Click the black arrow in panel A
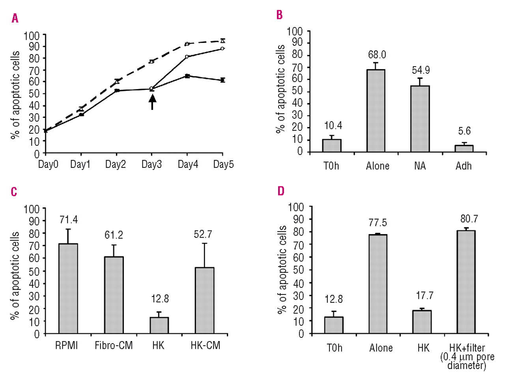(152, 102)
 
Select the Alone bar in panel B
(376, 111)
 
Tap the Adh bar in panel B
(464, 149)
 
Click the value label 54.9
(421, 70)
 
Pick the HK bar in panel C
(159, 326)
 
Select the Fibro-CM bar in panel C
(114, 295)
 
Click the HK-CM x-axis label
(205, 346)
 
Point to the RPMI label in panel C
(66, 346)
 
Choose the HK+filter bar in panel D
(466, 282)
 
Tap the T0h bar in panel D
(334, 325)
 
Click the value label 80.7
(469, 219)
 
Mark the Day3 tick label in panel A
(151, 164)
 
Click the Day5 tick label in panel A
(223, 164)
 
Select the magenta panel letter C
(14, 192)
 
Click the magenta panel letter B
(279, 15)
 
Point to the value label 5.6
(464, 131)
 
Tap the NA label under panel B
(420, 166)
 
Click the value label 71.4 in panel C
(69, 220)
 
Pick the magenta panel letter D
(281, 191)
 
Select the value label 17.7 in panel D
(425, 295)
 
